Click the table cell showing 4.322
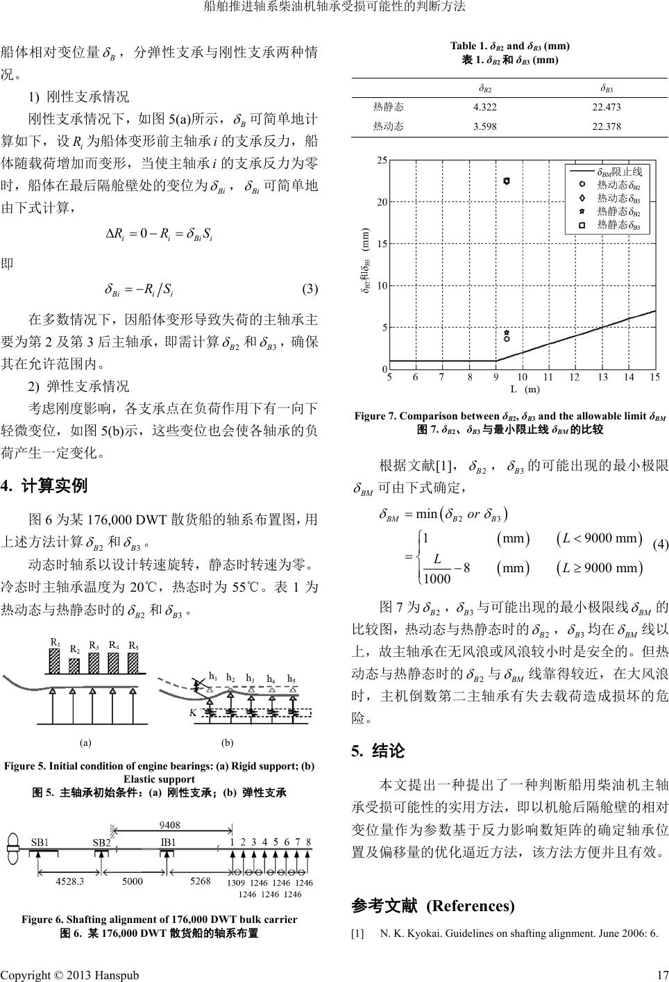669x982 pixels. (484, 107)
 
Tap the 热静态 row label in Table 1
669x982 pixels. (389, 107)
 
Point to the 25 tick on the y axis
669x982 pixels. (382, 160)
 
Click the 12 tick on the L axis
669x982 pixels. (574, 377)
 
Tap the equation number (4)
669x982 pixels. (660, 544)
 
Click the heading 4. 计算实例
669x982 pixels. (44, 485)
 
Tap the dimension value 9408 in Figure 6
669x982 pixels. (170, 825)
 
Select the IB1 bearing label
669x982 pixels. (168, 842)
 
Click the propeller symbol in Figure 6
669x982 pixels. (12, 850)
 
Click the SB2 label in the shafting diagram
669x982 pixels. (102, 842)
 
